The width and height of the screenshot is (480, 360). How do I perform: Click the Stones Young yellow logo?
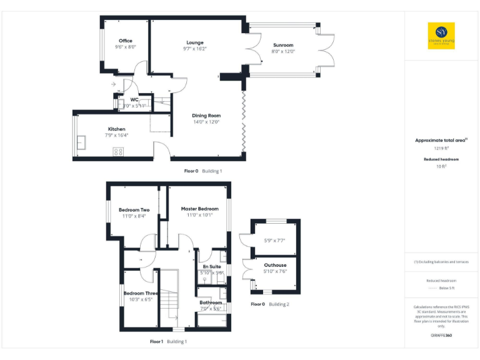[x=441, y=36]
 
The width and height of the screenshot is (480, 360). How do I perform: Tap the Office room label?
[x=125, y=41]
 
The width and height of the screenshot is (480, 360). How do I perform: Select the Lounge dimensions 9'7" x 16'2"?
[x=195, y=49]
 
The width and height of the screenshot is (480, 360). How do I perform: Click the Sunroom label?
[x=284, y=45]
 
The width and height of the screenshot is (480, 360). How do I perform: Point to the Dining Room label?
[x=206, y=116]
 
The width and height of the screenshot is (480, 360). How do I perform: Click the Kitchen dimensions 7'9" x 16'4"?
[x=117, y=135]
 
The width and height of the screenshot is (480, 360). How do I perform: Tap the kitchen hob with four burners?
[x=117, y=151]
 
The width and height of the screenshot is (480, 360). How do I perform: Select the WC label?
[x=134, y=100]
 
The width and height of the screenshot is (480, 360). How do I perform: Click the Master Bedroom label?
[x=199, y=209]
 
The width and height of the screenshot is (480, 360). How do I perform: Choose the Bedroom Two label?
[x=134, y=209]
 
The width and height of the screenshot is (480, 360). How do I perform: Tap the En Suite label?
[x=211, y=266]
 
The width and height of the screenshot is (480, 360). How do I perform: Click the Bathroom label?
[x=211, y=302]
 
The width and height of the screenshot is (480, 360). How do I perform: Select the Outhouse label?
[x=275, y=265]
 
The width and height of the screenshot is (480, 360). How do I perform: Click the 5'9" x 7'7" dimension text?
[x=275, y=240]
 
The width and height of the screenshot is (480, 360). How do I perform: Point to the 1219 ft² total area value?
[x=441, y=148]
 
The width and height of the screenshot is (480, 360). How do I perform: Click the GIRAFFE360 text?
[x=441, y=336]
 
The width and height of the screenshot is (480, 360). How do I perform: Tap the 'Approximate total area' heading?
[x=440, y=140]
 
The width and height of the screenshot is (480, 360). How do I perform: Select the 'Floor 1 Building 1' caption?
[x=168, y=341]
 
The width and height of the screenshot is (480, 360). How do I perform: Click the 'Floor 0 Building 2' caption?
[x=270, y=304]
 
